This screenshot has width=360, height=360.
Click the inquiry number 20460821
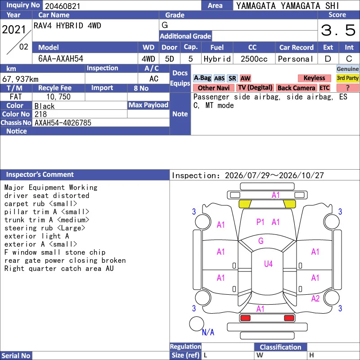pos(63,6)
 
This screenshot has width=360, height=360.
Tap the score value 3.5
pos(338,30)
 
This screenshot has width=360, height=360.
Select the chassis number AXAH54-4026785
pos(63,123)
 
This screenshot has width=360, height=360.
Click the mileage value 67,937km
pos(20,79)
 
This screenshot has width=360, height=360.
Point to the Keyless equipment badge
pos(314,78)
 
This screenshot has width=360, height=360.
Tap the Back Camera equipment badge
pos(296,88)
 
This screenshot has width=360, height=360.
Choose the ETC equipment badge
pos(324,88)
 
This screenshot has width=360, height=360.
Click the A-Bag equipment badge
pos(202,78)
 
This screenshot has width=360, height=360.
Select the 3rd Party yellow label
pos(347,78)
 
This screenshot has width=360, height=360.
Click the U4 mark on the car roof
pos(268,264)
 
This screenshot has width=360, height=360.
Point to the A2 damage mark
pos(315,298)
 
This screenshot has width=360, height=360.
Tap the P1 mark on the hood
pos(260,222)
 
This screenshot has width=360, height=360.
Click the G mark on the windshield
pos(261,241)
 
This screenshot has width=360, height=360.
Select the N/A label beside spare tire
pos(208,332)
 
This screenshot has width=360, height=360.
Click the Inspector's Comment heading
pos(40,175)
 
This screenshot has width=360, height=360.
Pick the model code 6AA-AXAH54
pos(61,59)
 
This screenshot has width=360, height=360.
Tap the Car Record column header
pos(297,48)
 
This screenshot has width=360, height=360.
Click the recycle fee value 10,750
pos(58,97)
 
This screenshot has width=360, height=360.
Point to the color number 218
pos(40,114)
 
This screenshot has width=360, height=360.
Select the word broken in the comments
pos(114,261)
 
